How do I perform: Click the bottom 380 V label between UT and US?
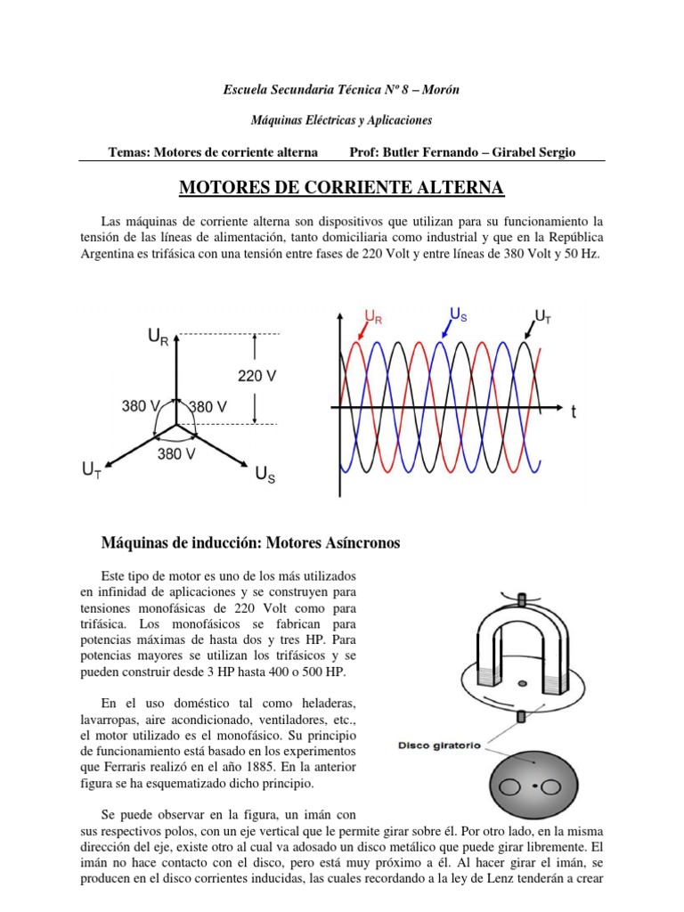point(176,454)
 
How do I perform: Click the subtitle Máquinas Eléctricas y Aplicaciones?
point(342,119)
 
